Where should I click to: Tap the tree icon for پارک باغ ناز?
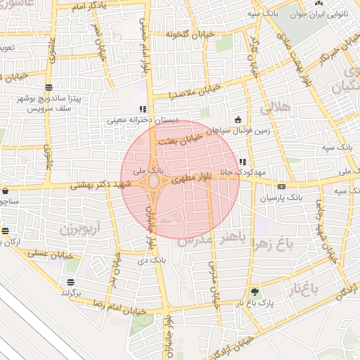tap(255, 292)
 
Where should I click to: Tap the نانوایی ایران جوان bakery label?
tap(329, 13)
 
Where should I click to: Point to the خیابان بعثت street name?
tap(181, 138)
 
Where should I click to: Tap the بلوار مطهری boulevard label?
tap(187, 179)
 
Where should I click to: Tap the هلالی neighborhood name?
tap(275, 108)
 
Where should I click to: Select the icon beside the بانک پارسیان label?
tap(281, 187)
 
